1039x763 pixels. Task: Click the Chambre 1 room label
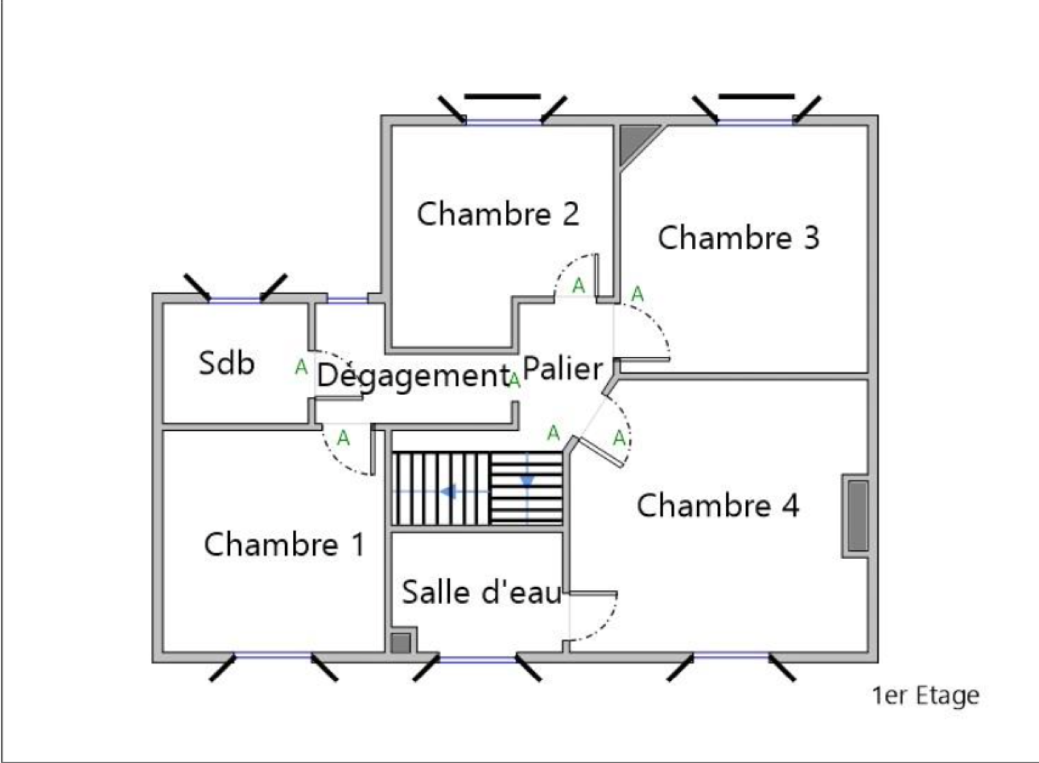[284, 545]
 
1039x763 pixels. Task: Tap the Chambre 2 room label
[497, 214]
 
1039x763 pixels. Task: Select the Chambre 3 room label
[738, 238]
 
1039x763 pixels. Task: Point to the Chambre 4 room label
[718, 506]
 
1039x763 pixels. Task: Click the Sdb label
[226, 363]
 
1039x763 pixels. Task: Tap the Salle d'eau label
[481, 592]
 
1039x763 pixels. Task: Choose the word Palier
[562, 369]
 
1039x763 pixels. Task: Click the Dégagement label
[413, 376]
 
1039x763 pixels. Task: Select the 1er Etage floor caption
[925, 695]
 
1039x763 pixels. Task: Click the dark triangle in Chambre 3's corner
[633, 141]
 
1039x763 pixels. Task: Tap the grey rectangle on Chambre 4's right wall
[857, 516]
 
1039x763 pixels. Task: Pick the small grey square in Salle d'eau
[401, 642]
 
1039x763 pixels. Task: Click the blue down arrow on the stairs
[527, 481]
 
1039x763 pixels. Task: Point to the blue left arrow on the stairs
[448, 492]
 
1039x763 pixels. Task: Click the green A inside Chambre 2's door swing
[578, 285]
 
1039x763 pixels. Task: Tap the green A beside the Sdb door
[301, 367]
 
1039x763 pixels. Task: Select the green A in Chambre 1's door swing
[343, 439]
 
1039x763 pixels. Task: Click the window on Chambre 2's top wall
[503, 121]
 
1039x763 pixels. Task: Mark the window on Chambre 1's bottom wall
[273, 657]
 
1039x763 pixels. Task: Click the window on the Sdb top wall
[235, 298]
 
